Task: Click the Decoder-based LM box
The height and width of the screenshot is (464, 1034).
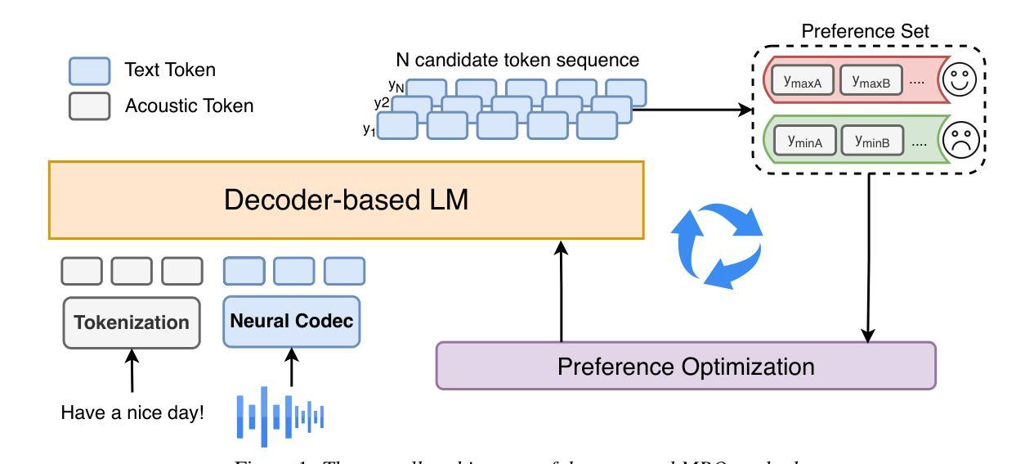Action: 347,200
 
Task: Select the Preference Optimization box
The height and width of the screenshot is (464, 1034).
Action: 685,365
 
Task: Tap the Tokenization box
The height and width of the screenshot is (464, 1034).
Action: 132,322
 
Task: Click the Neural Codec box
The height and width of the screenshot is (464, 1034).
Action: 293,321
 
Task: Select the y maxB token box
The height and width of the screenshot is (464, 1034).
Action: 871,81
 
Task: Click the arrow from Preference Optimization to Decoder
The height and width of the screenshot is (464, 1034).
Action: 561,291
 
